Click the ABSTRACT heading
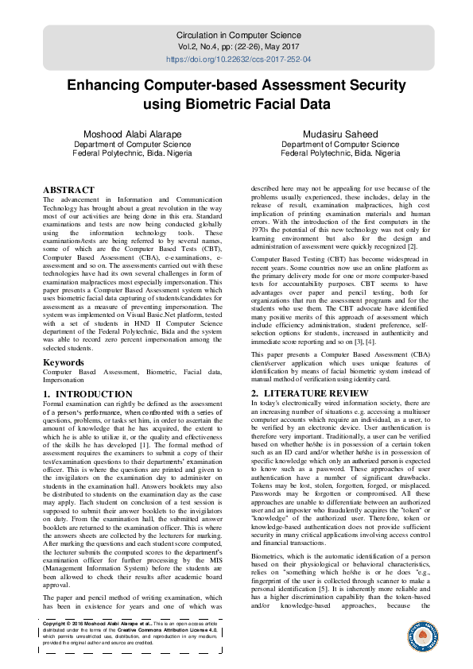point(68,190)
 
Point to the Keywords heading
point(64,362)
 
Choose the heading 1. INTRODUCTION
point(88,394)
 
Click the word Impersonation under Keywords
point(66,381)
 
